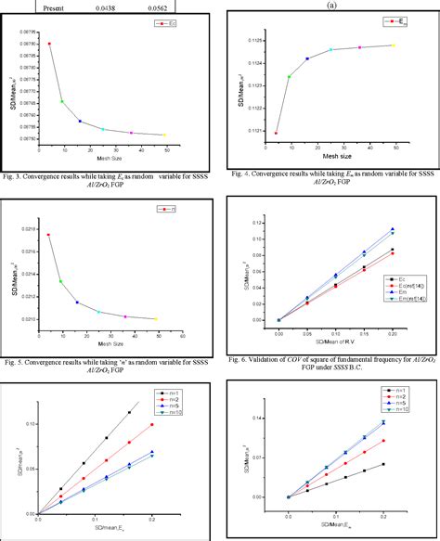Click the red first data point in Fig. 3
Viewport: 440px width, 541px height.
pyautogui.click(x=49, y=44)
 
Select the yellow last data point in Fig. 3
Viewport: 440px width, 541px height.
pyautogui.click(x=165, y=135)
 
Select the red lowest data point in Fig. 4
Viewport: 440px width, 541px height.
pyautogui.click(x=276, y=133)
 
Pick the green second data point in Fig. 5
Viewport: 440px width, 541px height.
pyautogui.click(x=60, y=281)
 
